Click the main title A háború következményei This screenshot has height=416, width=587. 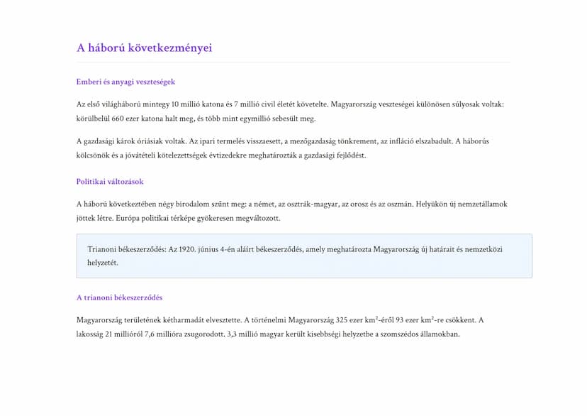point(144,48)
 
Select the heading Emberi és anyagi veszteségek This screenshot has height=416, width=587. point(125,82)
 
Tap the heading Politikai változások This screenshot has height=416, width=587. point(110,182)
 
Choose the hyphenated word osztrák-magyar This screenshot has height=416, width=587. point(306,204)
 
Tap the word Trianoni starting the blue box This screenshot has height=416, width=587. point(104,249)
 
